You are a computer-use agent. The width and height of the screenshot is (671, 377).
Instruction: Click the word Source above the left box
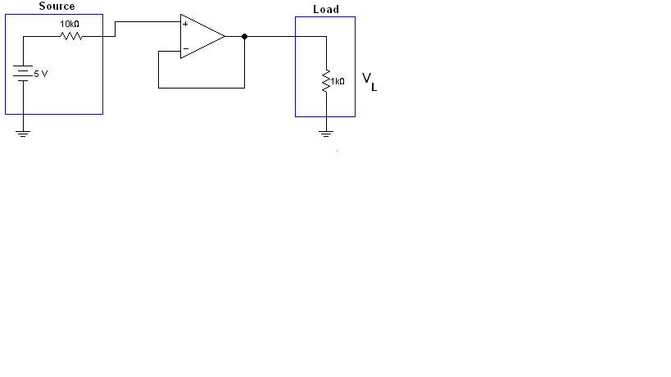(x=57, y=7)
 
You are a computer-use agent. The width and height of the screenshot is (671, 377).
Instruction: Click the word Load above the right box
(x=325, y=10)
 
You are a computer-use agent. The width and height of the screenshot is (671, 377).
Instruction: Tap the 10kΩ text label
(x=70, y=25)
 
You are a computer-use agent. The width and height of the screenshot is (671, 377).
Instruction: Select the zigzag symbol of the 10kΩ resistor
(x=70, y=35)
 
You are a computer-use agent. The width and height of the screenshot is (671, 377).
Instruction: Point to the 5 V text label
(x=40, y=74)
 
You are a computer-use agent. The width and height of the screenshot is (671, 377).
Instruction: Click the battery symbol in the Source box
(x=23, y=74)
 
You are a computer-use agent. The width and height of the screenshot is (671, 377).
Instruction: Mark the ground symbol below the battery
(x=23, y=132)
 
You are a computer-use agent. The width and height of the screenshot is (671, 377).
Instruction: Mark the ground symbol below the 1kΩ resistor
(x=326, y=131)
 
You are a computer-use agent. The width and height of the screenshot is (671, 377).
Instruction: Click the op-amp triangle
(x=201, y=36)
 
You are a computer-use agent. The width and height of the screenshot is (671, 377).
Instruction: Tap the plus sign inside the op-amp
(x=185, y=25)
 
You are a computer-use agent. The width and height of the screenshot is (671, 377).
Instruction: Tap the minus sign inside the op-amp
(x=185, y=49)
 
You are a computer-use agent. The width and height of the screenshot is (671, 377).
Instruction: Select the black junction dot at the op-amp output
(x=244, y=36)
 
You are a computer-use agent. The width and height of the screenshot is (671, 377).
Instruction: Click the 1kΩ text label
(x=338, y=81)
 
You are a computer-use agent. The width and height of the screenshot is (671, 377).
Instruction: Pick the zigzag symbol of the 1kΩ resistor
(x=326, y=80)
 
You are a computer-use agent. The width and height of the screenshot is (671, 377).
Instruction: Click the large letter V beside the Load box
(x=367, y=79)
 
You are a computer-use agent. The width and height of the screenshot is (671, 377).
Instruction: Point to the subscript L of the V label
(x=374, y=87)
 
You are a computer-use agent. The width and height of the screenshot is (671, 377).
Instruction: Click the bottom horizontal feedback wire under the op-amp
(x=201, y=87)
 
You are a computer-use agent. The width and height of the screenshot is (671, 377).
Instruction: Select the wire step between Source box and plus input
(x=116, y=30)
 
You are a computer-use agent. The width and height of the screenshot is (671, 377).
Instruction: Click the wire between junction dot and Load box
(x=270, y=36)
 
